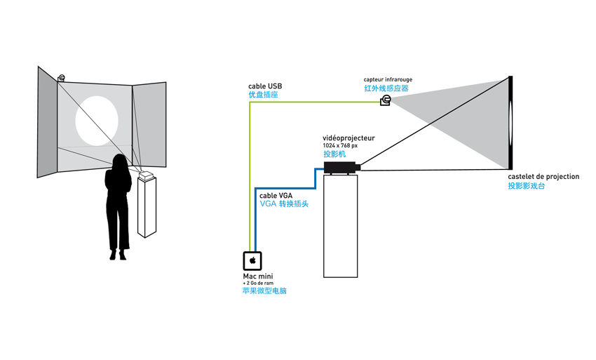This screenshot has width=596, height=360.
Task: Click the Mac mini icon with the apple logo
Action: click(x=252, y=261)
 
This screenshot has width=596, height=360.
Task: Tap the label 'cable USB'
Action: click(x=265, y=86)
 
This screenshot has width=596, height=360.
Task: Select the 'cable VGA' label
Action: click(x=276, y=196)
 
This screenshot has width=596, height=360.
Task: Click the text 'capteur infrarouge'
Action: click(x=388, y=80)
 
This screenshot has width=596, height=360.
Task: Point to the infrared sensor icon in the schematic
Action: click(x=385, y=101)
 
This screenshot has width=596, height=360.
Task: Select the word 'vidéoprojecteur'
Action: click(x=348, y=138)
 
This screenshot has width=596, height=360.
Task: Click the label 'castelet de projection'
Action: click(x=543, y=177)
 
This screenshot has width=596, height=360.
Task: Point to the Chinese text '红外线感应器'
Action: click(x=386, y=89)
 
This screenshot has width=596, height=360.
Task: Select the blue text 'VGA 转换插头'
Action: click(x=284, y=204)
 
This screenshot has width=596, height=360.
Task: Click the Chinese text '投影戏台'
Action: click(x=527, y=186)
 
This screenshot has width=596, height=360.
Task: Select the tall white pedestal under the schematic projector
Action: click(x=340, y=225)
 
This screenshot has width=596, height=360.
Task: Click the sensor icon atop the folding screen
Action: click(x=62, y=78)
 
